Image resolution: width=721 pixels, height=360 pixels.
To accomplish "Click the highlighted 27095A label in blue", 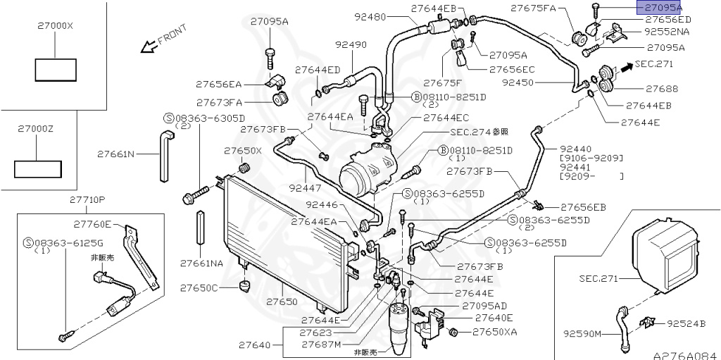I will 660,7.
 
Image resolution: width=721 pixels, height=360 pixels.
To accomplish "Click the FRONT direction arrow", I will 149,47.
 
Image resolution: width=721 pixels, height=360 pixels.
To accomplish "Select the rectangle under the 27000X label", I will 54,69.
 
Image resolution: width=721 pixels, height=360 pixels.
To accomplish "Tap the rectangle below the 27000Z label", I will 39,169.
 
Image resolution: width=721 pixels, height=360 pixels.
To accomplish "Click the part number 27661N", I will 117,153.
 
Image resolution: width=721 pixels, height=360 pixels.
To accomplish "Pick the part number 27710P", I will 87,200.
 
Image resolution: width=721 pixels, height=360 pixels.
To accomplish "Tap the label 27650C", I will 199,288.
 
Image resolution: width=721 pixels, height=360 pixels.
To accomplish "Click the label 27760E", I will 95,224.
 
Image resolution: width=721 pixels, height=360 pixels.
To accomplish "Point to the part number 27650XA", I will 494,332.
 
